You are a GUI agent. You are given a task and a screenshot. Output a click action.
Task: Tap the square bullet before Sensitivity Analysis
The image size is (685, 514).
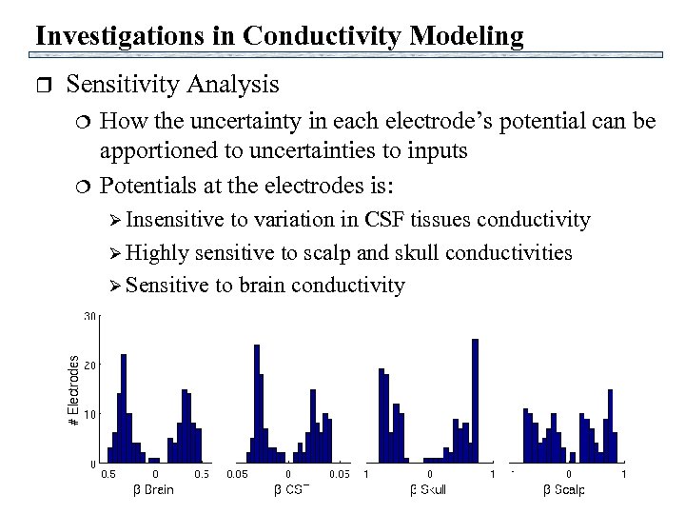pos(41,86)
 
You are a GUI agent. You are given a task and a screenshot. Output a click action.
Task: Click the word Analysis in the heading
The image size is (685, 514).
pos(233,85)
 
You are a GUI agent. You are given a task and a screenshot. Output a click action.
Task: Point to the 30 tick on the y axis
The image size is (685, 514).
pos(88,316)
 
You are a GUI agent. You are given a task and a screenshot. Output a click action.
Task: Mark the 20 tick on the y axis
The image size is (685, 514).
pos(88,366)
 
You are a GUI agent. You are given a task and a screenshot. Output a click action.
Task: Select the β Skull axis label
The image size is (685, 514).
pos(427,490)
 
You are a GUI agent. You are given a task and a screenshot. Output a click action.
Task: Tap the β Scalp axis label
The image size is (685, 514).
pos(563,490)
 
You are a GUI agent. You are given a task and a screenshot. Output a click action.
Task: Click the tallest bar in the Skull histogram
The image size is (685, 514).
pos(475,400)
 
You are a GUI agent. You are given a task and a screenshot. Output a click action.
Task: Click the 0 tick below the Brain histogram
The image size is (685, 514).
pos(155,473)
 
